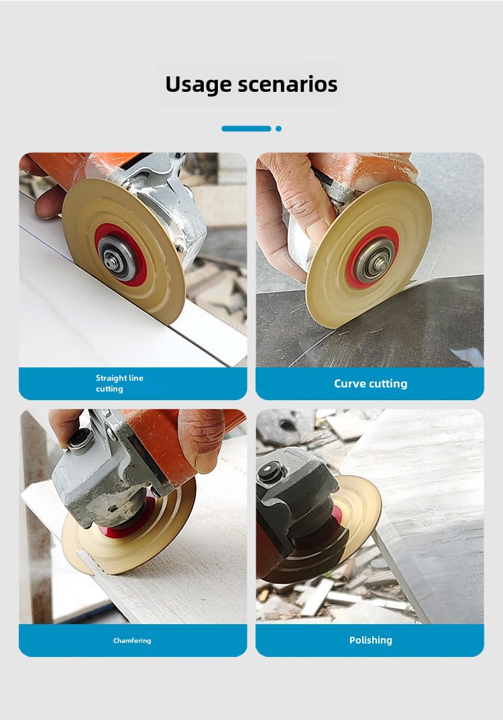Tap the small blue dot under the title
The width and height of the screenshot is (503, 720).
(278, 129)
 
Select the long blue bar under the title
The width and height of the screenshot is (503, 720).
(246, 129)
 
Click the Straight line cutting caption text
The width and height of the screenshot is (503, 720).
(119, 383)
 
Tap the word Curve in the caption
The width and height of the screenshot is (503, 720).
(349, 383)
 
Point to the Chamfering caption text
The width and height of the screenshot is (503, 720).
(132, 641)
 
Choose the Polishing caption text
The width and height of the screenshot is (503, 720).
(371, 641)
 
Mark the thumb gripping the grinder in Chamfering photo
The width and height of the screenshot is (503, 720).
(201, 440)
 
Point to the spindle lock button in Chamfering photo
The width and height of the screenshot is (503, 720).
(81, 438)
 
